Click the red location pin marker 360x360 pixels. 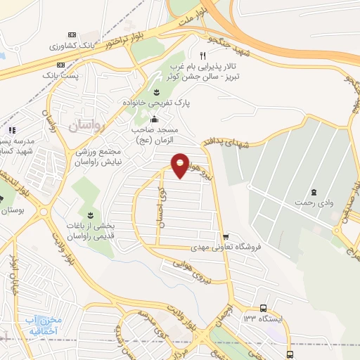click(180, 165)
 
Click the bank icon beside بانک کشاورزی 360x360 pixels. click(70, 34)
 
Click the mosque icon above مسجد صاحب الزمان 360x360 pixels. click(155, 118)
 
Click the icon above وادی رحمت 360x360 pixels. click(314, 192)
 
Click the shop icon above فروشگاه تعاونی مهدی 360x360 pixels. click(225, 237)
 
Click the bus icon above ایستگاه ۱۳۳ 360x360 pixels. click(263, 308)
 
